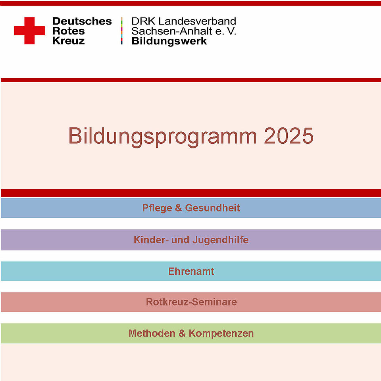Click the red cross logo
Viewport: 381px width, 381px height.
29,31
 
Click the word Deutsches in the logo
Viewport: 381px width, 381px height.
82,21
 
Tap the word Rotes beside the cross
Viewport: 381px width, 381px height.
69,31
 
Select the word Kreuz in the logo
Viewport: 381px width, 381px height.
69,40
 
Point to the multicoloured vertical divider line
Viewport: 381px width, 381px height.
121,31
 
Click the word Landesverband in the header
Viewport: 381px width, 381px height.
197,21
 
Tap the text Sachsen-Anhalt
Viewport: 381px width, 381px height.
172,31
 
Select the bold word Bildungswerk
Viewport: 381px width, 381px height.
169,41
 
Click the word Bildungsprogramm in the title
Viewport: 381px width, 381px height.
163,136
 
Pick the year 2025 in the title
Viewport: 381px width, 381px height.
289,136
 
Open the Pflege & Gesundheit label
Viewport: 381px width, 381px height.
191,208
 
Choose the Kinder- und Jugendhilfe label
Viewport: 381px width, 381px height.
191,240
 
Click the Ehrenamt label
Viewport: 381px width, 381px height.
191,271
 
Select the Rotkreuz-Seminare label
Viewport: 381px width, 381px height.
191,302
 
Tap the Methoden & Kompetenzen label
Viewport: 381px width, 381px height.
191,333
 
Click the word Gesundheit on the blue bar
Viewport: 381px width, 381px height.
213,208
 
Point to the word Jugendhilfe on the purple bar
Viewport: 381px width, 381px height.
221,240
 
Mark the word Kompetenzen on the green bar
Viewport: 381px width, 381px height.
221,333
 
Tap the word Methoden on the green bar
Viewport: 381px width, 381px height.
152,333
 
